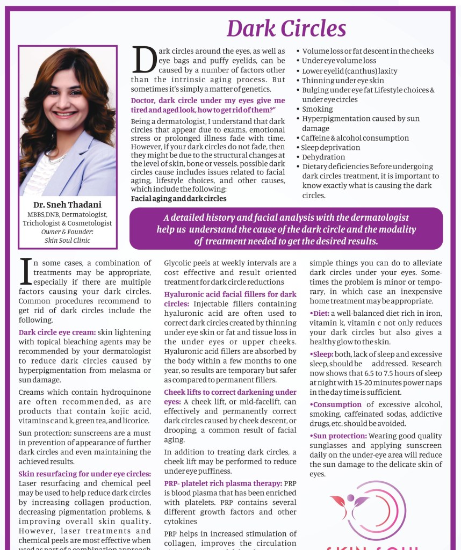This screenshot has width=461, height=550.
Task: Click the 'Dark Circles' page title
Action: click(x=286, y=28)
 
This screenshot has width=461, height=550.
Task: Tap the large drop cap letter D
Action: click(x=143, y=60)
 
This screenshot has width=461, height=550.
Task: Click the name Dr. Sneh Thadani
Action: click(x=68, y=204)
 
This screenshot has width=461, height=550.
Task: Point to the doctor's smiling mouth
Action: click(x=65, y=114)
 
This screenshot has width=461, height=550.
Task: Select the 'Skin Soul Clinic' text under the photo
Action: click(x=68, y=240)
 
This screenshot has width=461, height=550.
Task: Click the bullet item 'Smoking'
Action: click(x=317, y=109)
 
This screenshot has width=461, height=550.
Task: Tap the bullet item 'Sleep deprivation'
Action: click(x=330, y=148)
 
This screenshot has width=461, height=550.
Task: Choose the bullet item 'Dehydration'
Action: click(x=323, y=157)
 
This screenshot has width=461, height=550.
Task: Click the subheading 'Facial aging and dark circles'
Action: click(x=178, y=198)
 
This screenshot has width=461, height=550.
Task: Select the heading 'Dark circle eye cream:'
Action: click(x=57, y=332)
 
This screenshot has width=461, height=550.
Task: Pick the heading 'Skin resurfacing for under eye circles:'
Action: click(x=85, y=474)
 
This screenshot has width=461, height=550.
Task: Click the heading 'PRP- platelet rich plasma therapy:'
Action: click(x=223, y=483)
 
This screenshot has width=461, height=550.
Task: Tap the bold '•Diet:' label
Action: click(x=320, y=313)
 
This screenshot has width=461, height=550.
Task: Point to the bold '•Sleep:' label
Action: click(x=321, y=354)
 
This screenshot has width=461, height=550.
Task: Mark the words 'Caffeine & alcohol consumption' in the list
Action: click(x=355, y=138)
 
